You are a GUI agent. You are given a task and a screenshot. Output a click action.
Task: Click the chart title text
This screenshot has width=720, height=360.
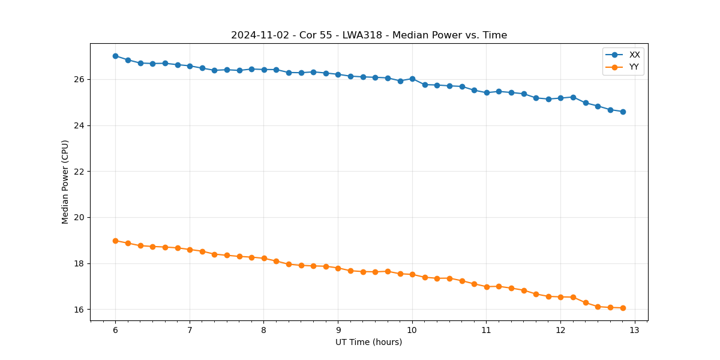coord(369,35)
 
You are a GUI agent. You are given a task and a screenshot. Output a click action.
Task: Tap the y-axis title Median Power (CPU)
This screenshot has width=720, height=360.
coord(65,182)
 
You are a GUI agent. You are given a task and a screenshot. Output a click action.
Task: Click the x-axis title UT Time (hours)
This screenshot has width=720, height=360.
coord(368,342)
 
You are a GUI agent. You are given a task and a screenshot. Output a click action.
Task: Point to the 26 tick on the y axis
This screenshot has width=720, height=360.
coord(80,79)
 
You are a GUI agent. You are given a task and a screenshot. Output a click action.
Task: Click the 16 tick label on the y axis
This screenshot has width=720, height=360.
coord(80,310)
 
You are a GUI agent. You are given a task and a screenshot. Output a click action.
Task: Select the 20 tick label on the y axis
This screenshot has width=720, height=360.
coord(80,217)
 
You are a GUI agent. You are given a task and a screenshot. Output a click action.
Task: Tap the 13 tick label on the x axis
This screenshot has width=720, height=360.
coord(635,330)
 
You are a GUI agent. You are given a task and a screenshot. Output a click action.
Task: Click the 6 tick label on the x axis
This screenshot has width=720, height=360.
coord(115,330)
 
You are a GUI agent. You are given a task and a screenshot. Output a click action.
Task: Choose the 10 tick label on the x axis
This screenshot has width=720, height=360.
coord(412,330)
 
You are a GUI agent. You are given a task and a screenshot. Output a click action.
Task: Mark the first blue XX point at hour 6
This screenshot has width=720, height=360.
coord(115,56)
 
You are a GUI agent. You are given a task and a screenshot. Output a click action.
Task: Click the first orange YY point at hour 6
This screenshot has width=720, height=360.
coord(115,241)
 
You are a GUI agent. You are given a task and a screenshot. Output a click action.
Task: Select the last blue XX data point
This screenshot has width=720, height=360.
coord(623,112)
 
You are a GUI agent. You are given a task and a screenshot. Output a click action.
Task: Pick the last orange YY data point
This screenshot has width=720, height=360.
coord(623,308)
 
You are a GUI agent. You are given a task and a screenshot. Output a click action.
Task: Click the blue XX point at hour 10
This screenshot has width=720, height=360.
coord(412,79)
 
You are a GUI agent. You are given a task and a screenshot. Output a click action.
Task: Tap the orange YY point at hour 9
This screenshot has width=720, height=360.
coord(338,268)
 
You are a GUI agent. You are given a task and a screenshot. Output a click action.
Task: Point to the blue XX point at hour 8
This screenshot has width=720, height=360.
coord(264,70)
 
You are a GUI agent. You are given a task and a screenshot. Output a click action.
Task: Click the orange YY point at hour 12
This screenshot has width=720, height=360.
coord(560,297)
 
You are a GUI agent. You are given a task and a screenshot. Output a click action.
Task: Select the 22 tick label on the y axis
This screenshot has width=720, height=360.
coord(80,172)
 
